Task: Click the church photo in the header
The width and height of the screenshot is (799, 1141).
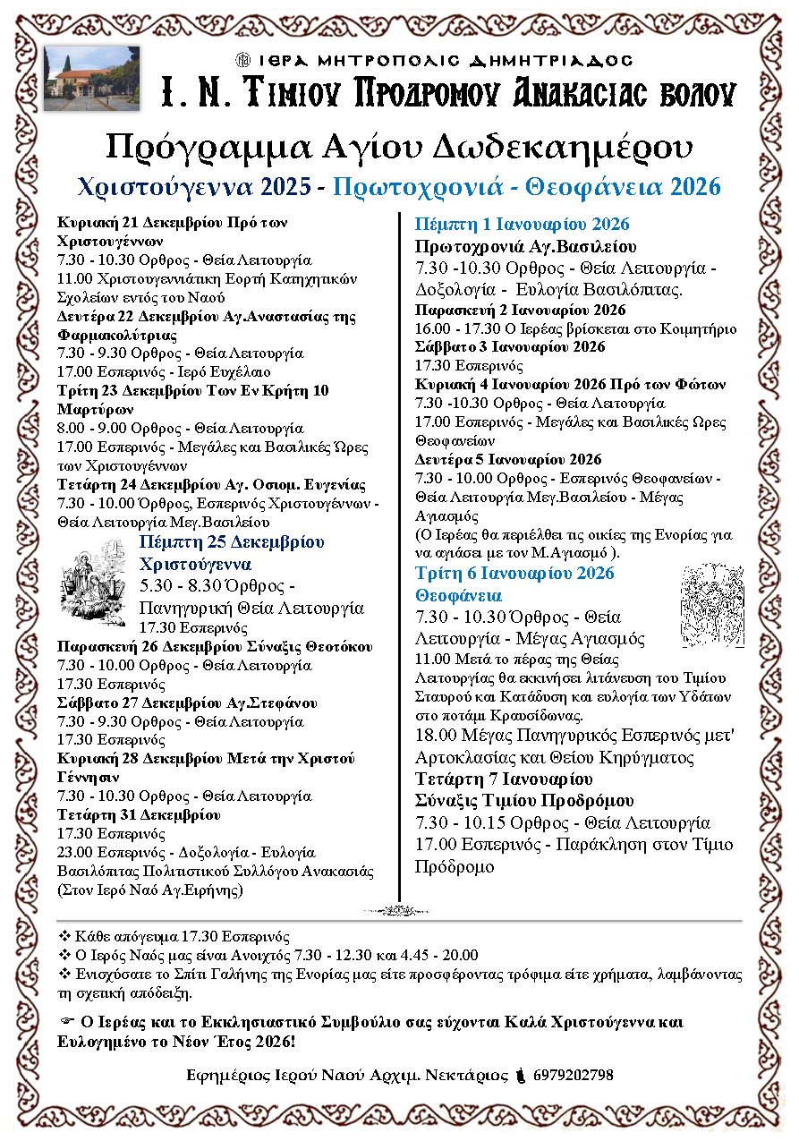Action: click(x=91, y=79)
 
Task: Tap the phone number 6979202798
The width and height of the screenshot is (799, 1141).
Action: click(x=573, y=1075)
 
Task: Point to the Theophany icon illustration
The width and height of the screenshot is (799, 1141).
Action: click(x=712, y=606)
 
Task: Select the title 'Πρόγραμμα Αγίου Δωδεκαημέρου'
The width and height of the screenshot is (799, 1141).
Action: click(x=399, y=146)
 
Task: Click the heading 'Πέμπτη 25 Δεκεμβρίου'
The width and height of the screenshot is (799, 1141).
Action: click(x=232, y=542)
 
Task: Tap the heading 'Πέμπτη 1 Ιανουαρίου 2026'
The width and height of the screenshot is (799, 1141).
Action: click(x=523, y=224)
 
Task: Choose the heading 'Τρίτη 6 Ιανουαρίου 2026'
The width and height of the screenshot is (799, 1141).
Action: click(x=514, y=573)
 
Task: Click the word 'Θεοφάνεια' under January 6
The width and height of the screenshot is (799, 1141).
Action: click(x=459, y=595)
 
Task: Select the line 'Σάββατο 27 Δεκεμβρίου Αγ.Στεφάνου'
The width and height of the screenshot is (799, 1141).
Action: click(x=186, y=702)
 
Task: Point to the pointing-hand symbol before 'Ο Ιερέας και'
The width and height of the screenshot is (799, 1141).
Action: click(x=65, y=1022)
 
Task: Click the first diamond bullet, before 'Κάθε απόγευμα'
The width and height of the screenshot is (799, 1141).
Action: click(x=64, y=937)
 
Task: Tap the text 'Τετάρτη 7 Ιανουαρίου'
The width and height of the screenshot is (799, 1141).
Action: click(x=504, y=778)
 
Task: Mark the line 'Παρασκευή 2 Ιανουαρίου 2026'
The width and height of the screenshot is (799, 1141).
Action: click(x=520, y=310)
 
